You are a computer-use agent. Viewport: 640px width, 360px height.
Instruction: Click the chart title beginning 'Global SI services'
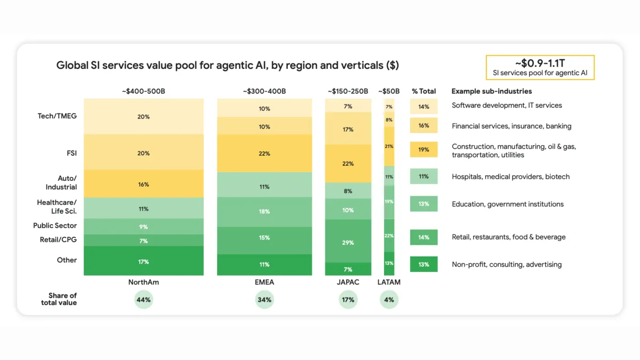(x=227, y=66)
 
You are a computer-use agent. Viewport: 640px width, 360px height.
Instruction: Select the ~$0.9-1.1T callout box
(x=540, y=68)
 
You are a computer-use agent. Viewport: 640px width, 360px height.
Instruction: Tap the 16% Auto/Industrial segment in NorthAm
(x=143, y=184)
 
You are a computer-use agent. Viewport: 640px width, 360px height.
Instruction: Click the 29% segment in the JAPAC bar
(x=348, y=242)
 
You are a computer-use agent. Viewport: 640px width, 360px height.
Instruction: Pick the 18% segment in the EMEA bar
(x=264, y=212)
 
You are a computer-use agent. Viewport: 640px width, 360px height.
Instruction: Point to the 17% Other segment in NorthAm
(x=143, y=261)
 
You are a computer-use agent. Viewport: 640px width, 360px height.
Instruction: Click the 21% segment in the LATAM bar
(x=389, y=146)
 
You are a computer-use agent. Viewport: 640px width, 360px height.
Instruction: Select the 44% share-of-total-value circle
(x=143, y=300)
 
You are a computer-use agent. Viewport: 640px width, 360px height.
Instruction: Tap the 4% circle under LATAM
(x=389, y=300)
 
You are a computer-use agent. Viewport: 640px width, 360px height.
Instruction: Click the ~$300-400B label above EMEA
(x=264, y=91)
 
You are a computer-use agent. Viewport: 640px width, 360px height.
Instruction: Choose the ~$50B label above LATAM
(x=389, y=91)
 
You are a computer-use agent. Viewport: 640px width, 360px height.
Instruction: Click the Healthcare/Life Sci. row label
(x=57, y=206)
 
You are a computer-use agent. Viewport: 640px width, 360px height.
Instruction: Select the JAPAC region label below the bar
(x=348, y=282)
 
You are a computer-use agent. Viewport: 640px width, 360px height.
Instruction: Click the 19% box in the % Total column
(x=423, y=150)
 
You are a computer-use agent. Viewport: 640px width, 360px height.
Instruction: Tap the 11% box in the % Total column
(x=423, y=177)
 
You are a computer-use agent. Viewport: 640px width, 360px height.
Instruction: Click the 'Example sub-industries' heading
(x=491, y=91)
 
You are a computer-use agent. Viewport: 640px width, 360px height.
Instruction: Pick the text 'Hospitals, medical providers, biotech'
(x=510, y=177)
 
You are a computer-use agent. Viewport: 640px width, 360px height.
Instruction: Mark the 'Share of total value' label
(x=59, y=299)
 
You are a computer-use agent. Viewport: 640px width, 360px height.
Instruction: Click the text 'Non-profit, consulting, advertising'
(x=507, y=265)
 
